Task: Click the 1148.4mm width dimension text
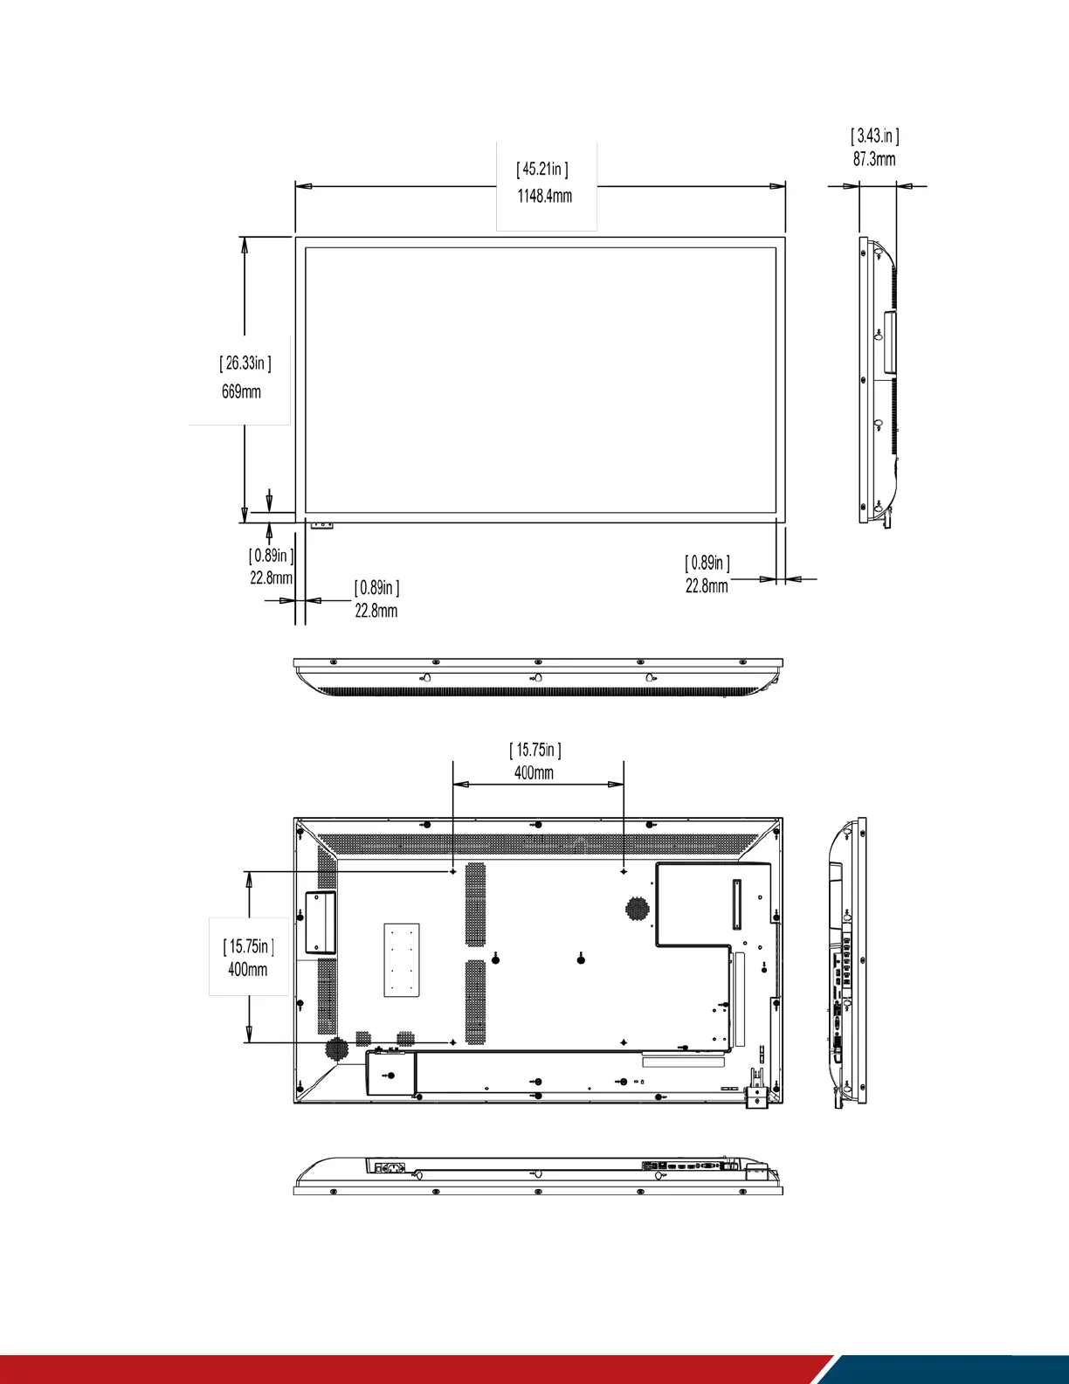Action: click(x=544, y=197)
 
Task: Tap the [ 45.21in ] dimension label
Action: click(x=542, y=170)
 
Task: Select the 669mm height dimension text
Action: click(x=241, y=391)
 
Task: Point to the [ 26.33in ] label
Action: click(x=245, y=363)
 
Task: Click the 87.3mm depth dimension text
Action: click(x=874, y=159)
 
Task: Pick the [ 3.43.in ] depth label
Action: click(x=875, y=135)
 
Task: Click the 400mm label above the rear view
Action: click(x=534, y=772)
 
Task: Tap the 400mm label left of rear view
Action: click(x=248, y=969)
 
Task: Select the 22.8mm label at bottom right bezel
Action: click(x=707, y=586)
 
